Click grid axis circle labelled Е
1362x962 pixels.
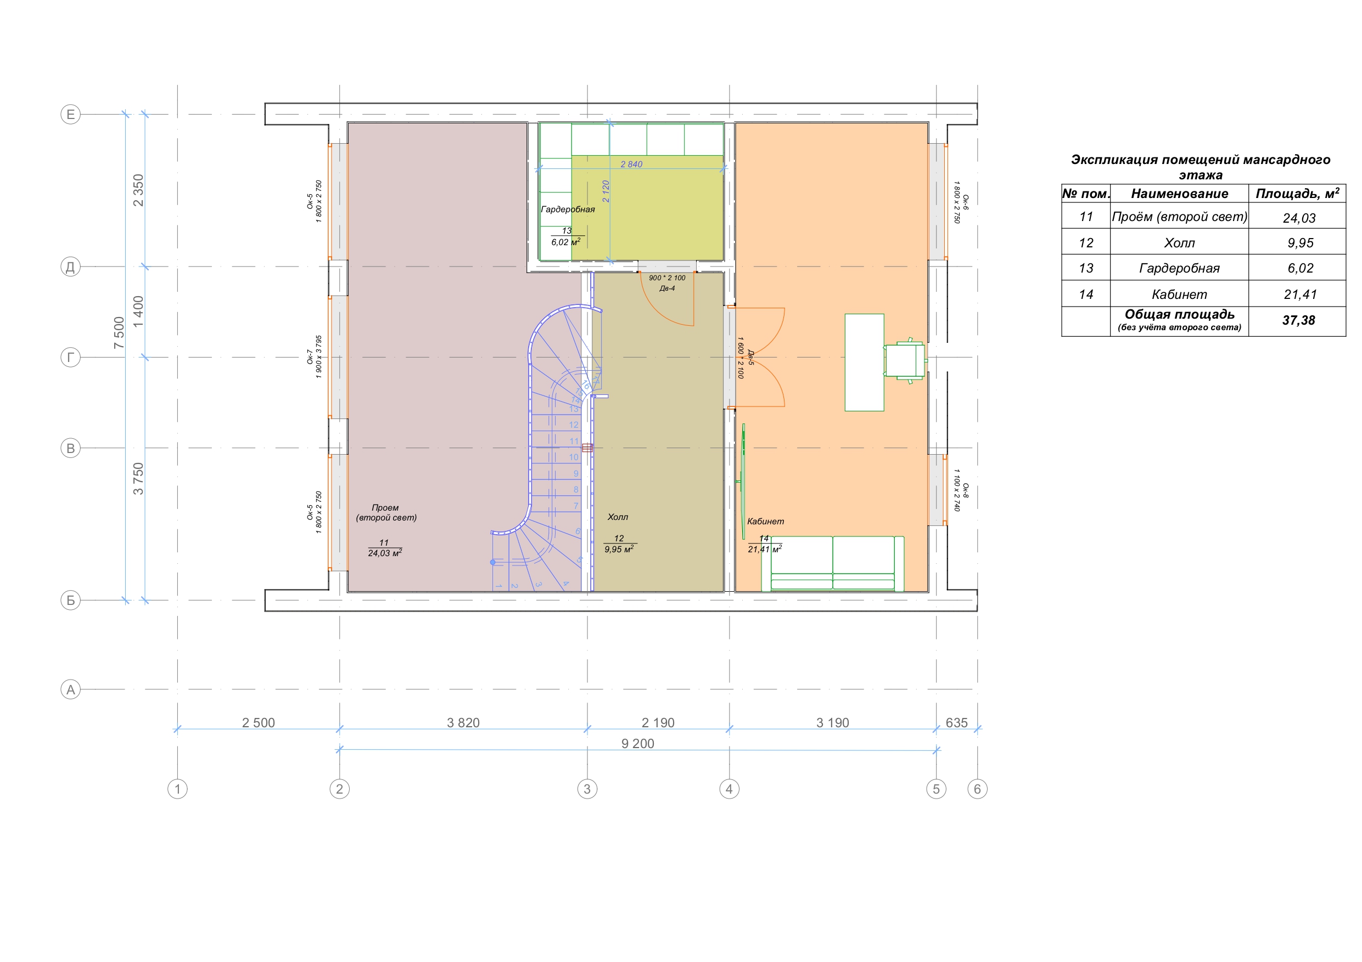(x=71, y=115)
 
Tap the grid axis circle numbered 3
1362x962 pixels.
(x=587, y=789)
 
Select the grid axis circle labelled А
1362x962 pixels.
(x=71, y=689)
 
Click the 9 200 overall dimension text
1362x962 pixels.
(x=638, y=743)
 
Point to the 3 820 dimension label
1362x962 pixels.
(x=463, y=722)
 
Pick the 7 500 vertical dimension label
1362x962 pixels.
(x=119, y=332)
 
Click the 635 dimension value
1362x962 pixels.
(x=956, y=722)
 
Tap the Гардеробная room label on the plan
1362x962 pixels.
(x=568, y=209)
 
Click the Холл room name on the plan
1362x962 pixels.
(x=618, y=517)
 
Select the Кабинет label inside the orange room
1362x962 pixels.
(x=765, y=522)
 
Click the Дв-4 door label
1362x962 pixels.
(x=668, y=288)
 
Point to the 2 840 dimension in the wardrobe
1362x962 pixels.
(x=631, y=164)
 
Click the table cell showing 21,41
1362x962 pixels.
(x=1301, y=295)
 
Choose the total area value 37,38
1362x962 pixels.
(x=1298, y=321)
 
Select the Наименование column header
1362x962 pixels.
(x=1179, y=193)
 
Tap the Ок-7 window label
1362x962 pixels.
(x=310, y=357)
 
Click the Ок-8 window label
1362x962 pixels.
(x=965, y=490)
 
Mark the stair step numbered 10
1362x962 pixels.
(x=574, y=457)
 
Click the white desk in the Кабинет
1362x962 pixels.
(x=864, y=362)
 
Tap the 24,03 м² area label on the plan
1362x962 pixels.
(x=384, y=553)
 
